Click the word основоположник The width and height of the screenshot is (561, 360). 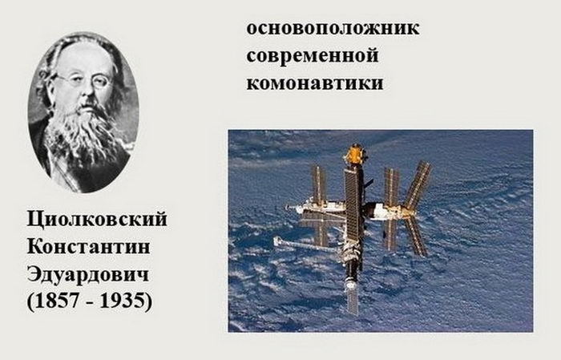pos(333,28)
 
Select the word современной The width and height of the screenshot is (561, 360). pos(313,56)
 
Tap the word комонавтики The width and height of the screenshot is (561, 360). pos(315,83)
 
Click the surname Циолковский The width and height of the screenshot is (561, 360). pos(97,220)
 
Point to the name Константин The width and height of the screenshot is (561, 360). pos(88,247)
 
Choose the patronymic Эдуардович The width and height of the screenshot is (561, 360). pos(87,275)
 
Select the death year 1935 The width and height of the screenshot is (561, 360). pos(121,300)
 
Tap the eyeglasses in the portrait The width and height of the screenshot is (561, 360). pos(84,80)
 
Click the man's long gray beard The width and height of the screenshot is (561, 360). pos(84,136)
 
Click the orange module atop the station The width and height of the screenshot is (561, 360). pos(355,154)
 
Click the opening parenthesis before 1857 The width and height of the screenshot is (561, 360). pos(30,301)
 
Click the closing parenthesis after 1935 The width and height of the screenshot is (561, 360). pos(148,301)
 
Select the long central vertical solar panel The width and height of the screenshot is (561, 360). pos(353,204)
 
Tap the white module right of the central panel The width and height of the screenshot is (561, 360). pos(383,210)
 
